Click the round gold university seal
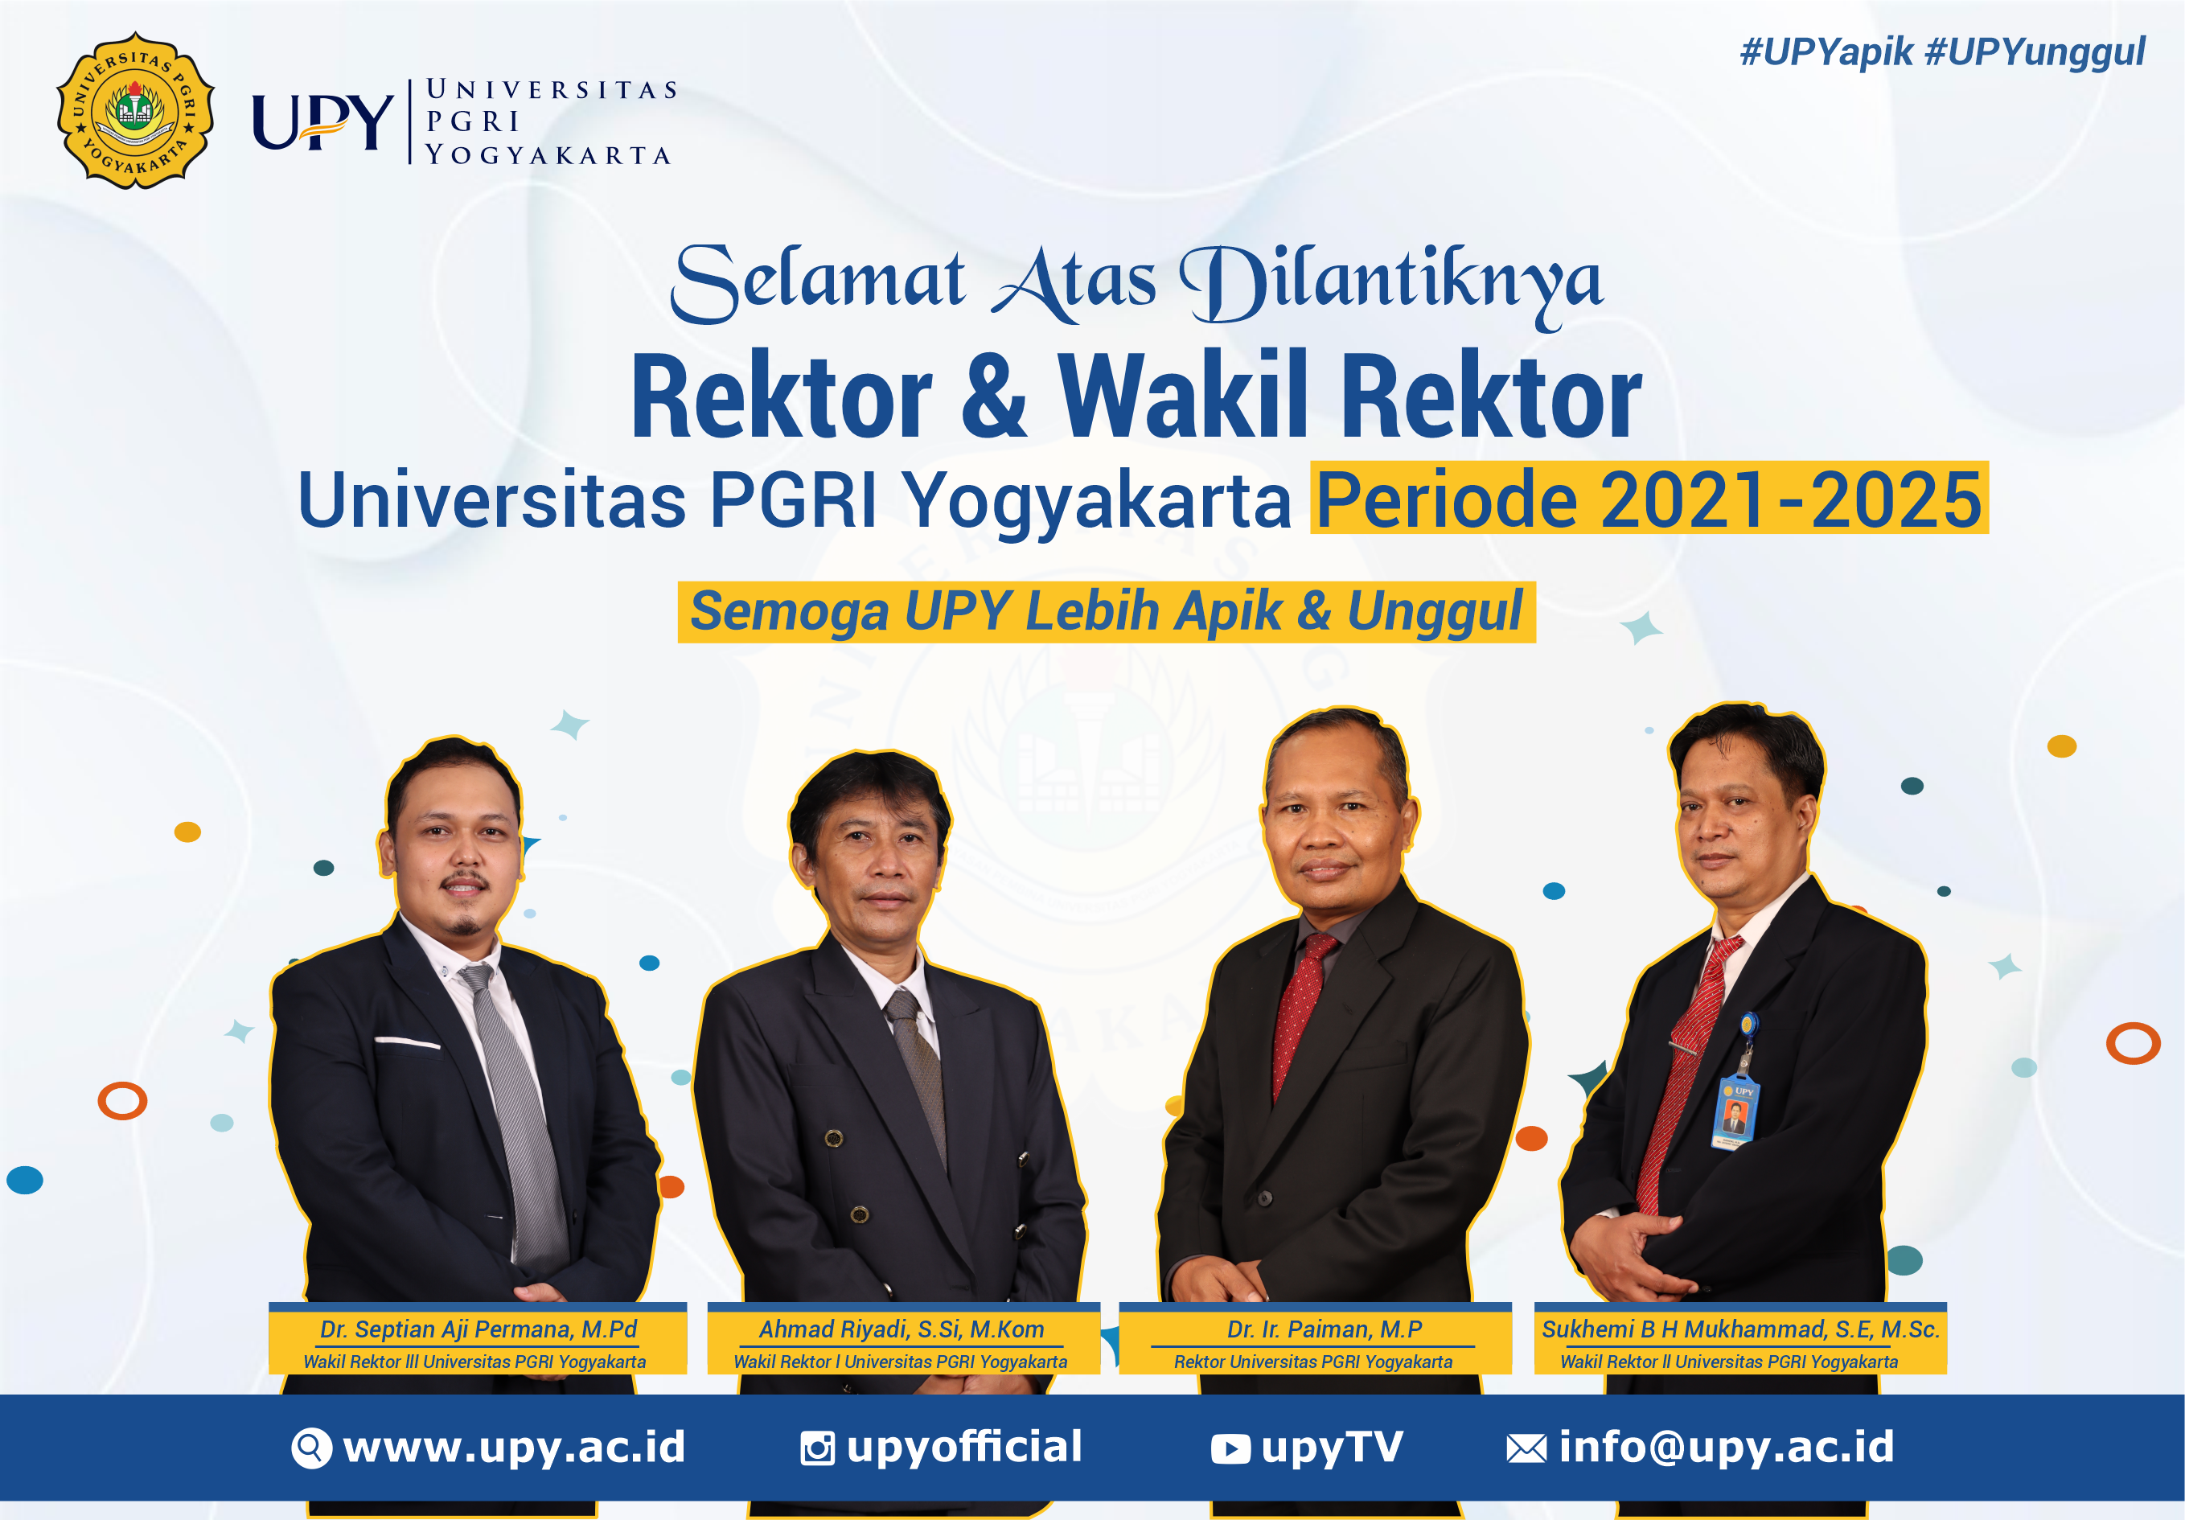pos(135,110)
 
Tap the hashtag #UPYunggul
pos(2035,52)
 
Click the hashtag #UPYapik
pos(1826,52)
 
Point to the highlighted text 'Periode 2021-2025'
pos(1649,499)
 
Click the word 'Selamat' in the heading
pos(818,281)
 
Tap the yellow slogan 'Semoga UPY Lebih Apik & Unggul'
pos(1106,611)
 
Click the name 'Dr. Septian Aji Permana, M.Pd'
pos(478,1329)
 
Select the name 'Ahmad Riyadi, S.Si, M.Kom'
pos(902,1329)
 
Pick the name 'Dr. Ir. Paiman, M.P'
pos(1324,1329)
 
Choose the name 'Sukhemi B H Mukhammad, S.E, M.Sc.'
pos(1740,1329)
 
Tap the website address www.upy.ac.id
pos(514,1447)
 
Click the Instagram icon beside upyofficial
pos(818,1448)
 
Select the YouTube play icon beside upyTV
pos(1230,1448)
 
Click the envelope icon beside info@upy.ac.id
pos(1526,1448)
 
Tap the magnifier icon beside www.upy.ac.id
pos(311,1448)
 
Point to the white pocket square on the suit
pos(406,1044)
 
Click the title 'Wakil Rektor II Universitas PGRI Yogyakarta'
pos(1729,1362)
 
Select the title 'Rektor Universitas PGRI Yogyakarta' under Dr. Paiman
pos(1313,1362)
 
